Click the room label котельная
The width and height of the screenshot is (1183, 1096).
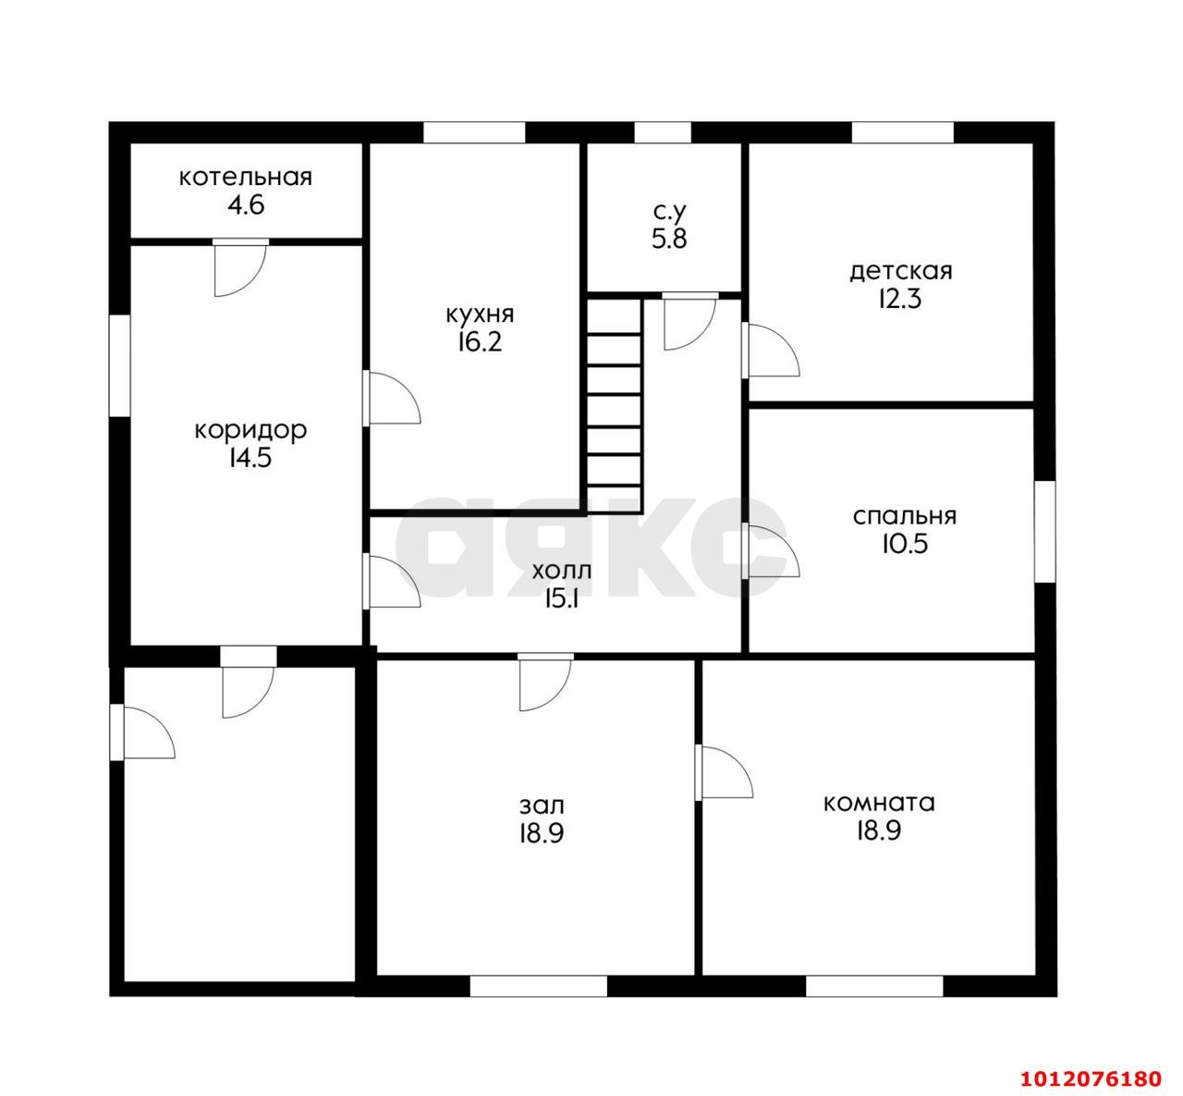(x=246, y=178)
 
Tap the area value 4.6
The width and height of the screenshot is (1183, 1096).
(x=246, y=205)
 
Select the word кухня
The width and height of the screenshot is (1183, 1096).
(x=480, y=314)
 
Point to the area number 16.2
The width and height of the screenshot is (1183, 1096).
(x=480, y=342)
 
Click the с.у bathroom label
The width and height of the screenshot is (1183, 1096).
(x=669, y=212)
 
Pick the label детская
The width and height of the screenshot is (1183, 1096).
(x=901, y=272)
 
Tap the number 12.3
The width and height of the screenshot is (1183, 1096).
(x=899, y=300)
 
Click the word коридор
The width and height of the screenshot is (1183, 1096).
(x=250, y=431)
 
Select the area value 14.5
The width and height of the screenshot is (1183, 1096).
(x=250, y=458)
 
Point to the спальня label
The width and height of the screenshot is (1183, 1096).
(x=904, y=516)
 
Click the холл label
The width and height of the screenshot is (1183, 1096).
(x=561, y=572)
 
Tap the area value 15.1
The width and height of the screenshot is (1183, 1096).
(x=561, y=598)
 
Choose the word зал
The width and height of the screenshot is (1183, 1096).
(x=542, y=806)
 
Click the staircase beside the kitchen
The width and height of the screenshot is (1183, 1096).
(x=614, y=405)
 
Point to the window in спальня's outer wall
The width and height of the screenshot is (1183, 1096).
(x=1044, y=532)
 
